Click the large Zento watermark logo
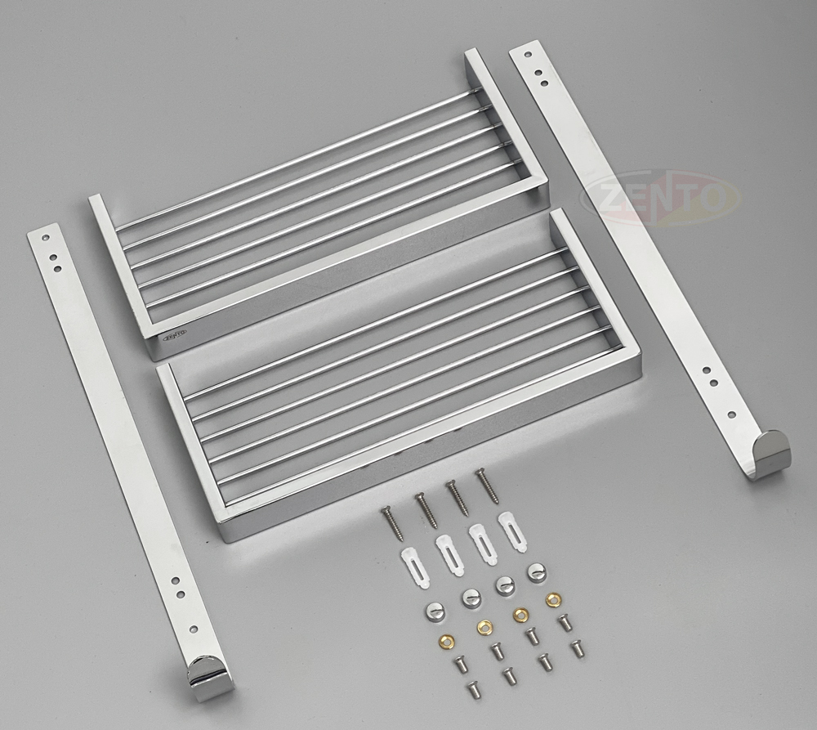click(661, 196)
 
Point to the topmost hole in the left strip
click(46, 237)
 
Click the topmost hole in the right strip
click(529, 54)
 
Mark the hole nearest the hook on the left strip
click(194, 629)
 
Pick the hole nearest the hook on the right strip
click(731, 415)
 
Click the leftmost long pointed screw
click(393, 523)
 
